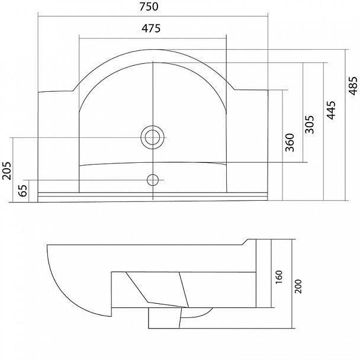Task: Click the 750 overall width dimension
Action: pos(149,7)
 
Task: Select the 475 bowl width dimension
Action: pos(151,28)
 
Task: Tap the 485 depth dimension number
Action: pos(353,86)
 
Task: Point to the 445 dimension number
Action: pos(331,110)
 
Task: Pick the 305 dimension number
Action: pos(309,124)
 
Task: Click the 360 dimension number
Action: pos(290,142)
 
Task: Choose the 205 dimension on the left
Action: pos(7,171)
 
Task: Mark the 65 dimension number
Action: pos(22,190)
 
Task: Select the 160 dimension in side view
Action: pos(279,277)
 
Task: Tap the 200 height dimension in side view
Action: pos(298,287)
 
